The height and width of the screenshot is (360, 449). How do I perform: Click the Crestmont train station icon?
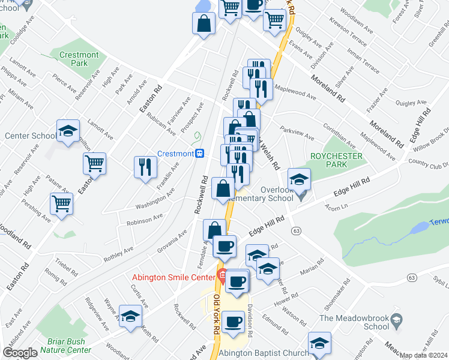[x=200, y=154]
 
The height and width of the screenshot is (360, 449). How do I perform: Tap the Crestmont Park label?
[x=79, y=59]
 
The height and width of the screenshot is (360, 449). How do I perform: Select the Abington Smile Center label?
[x=173, y=277]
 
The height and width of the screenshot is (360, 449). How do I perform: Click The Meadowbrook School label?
[x=354, y=322]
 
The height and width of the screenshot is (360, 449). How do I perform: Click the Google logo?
[x=20, y=352]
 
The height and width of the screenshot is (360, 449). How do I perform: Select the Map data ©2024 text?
[x=424, y=355]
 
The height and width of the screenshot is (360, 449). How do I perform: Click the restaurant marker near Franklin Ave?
[x=144, y=166]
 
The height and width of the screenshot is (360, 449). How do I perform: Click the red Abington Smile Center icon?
[x=221, y=277]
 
